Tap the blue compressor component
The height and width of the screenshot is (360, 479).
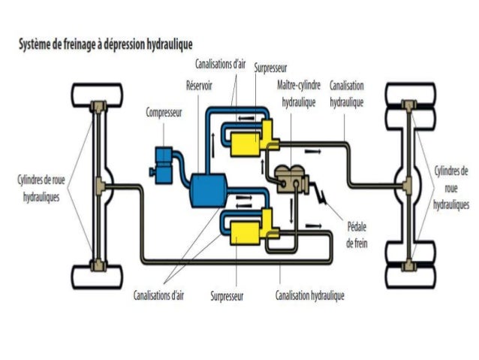(164, 159)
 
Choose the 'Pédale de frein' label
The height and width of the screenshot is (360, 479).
(357, 234)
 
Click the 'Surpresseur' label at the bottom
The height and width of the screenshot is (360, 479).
(227, 295)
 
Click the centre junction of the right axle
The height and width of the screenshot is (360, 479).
(408, 183)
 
